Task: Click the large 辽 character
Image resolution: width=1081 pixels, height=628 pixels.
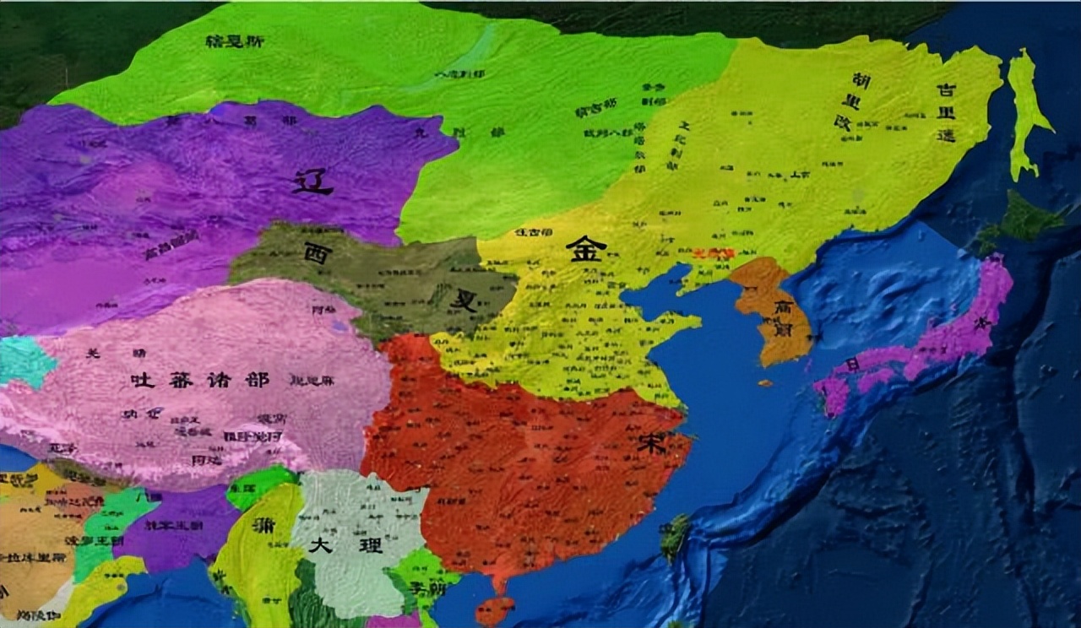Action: (312, 181)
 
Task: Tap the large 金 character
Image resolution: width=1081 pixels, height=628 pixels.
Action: (586, 248)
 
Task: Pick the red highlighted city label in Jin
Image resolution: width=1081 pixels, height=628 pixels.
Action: (714, 252)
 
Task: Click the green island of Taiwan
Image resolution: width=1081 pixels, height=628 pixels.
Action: (675, 535)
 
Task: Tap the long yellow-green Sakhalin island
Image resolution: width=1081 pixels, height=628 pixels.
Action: (1025, 110)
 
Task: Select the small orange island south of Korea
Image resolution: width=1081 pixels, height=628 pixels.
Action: (764, 383)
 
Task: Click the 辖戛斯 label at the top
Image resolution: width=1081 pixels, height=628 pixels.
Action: (234, 40)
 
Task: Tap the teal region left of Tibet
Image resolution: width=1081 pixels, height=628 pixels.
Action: (25, 361)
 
